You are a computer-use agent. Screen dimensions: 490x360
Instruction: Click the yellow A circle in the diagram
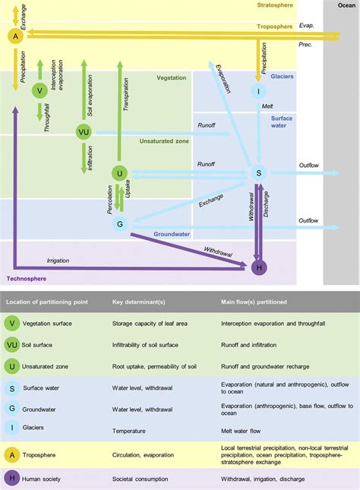14,36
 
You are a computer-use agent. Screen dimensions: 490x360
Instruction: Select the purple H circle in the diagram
257,267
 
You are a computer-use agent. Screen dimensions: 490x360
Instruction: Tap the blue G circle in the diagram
119,224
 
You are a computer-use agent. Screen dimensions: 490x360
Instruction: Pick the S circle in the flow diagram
258,174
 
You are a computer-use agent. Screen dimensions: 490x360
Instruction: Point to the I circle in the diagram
258,91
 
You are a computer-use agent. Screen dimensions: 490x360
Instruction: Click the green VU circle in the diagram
84,132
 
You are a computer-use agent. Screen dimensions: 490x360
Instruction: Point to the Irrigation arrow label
57,261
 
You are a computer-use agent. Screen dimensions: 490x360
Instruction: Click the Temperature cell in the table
131,429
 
